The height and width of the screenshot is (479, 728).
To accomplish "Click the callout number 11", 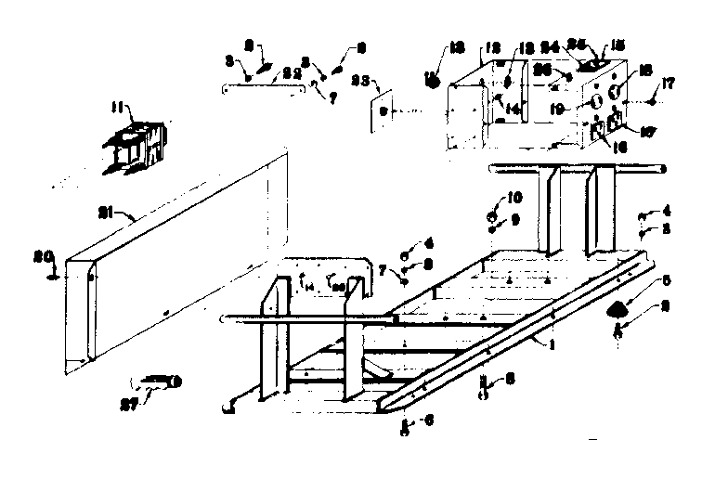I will click(x=117, y=110).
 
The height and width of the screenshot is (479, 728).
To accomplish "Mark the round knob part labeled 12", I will click(x=432, y=79).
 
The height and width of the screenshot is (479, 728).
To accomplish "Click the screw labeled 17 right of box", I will click(x=653, y=94).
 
